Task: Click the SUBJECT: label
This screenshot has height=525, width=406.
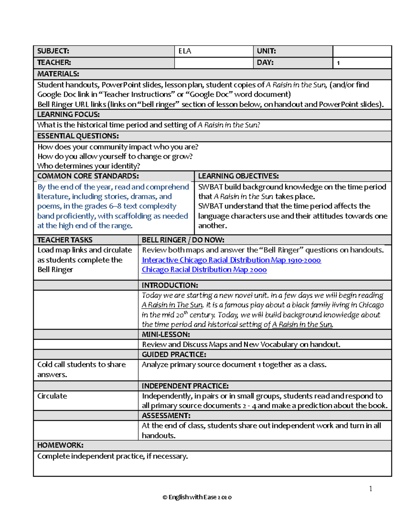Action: (53, 51)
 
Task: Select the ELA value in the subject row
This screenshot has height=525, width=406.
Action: (185, 51)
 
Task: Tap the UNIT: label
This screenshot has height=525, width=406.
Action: (266, 51)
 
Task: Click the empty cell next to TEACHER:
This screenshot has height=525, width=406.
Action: (213, 63)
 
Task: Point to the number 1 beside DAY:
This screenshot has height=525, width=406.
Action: (338, 63)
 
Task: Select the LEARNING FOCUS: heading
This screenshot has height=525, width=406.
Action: (68, 114)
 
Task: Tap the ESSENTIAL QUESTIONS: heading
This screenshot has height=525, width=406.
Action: (78, 136)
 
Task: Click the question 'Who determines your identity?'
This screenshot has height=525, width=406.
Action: (89, 166)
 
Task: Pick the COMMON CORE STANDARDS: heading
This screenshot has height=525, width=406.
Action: (88, 176)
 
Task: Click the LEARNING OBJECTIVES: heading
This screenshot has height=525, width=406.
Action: (238, 176)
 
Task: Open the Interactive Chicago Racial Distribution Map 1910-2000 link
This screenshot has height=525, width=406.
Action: (231, 260)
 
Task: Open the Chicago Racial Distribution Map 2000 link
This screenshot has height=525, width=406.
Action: (204, 269)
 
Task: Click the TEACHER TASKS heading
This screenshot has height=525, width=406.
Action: (65, 240)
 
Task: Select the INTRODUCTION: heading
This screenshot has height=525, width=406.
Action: (170, 285)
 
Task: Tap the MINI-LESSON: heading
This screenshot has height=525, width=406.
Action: (166, 334)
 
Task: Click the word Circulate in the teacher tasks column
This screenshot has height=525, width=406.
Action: (52, 396)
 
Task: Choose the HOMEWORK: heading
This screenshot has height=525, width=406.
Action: (60, 445)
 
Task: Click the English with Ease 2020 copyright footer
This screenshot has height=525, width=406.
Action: (197, 497)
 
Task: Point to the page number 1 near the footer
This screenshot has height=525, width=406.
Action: (370, 488)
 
